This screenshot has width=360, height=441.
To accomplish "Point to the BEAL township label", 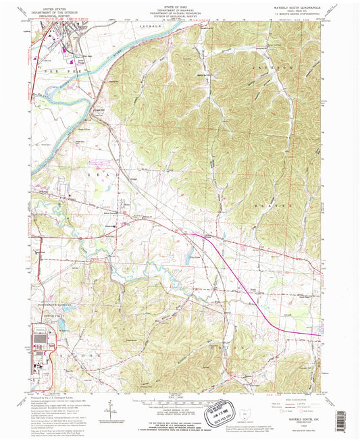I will [x=95, y=174].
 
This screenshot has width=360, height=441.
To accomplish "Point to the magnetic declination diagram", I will [x=109, y=409].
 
